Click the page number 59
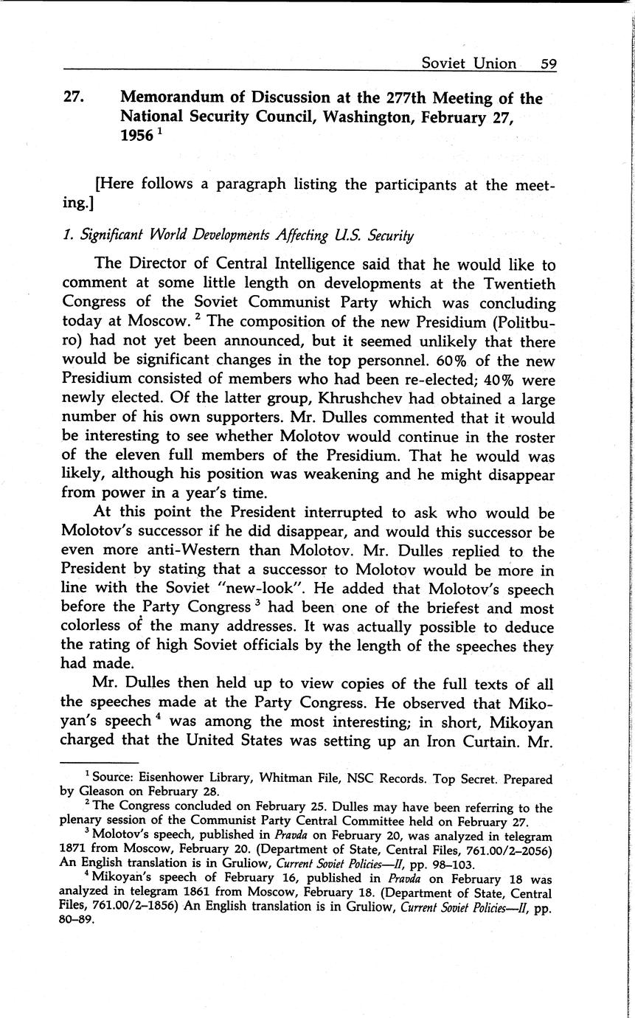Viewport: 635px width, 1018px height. tap(548, 63)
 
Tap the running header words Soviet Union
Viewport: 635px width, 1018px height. tap(468, 63)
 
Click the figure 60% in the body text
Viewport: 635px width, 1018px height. tap(437, 360)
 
